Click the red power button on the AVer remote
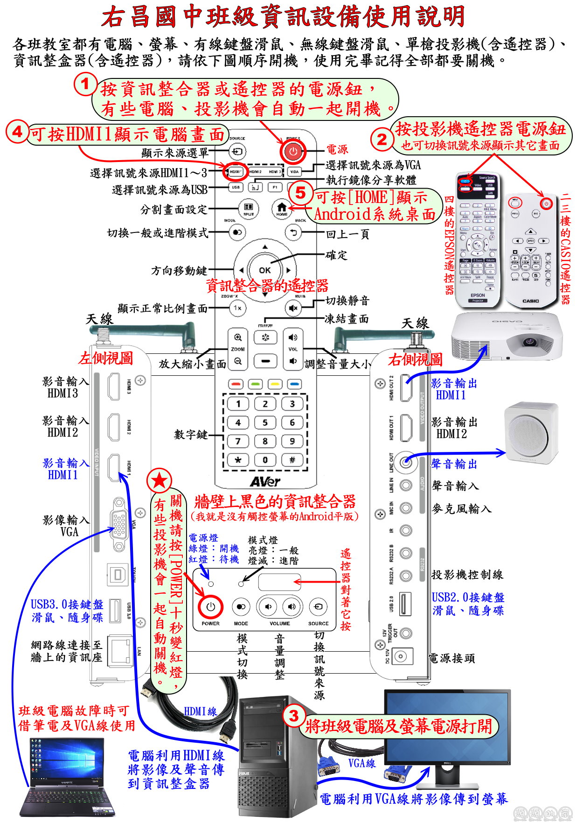[x=293, y=151]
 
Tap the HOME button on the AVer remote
[x=281, y=208]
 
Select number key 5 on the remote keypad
[x=265, y=422]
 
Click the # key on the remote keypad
[x=292, y=460]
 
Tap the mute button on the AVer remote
[x=293, y=308]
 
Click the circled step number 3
[x=294, y=716]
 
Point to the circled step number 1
[x=85, y=84]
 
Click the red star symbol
[x=160, y=480]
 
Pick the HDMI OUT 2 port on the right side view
[x=406, y=388]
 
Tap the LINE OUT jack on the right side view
[x=406, y=463]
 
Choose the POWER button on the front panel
[x=211, y=607]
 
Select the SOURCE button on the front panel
[x=318, y=607]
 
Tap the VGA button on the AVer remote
[x=294, y=172]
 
